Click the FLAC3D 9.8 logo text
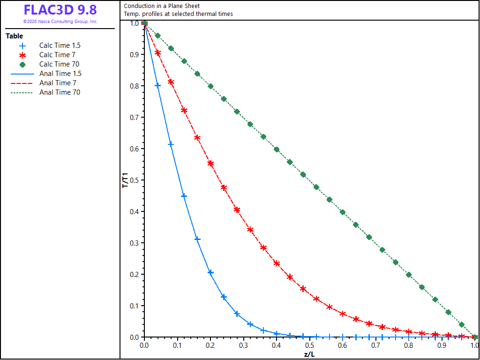(x=60, y=10)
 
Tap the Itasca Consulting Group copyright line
(x=60, y=22)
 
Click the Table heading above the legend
(x=15, y=36)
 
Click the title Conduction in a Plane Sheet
(x=162, y=6)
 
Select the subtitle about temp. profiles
(x=178, y=14)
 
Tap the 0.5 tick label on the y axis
(x=135, y=180)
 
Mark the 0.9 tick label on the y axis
(x=135, y=54)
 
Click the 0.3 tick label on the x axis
(x=243, y=345)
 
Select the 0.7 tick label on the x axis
(x=375, y=345)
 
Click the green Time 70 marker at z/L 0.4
(x=277, y=150)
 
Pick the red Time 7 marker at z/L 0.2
(x=210, y=163)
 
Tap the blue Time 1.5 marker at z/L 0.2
(x=210, y=272)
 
